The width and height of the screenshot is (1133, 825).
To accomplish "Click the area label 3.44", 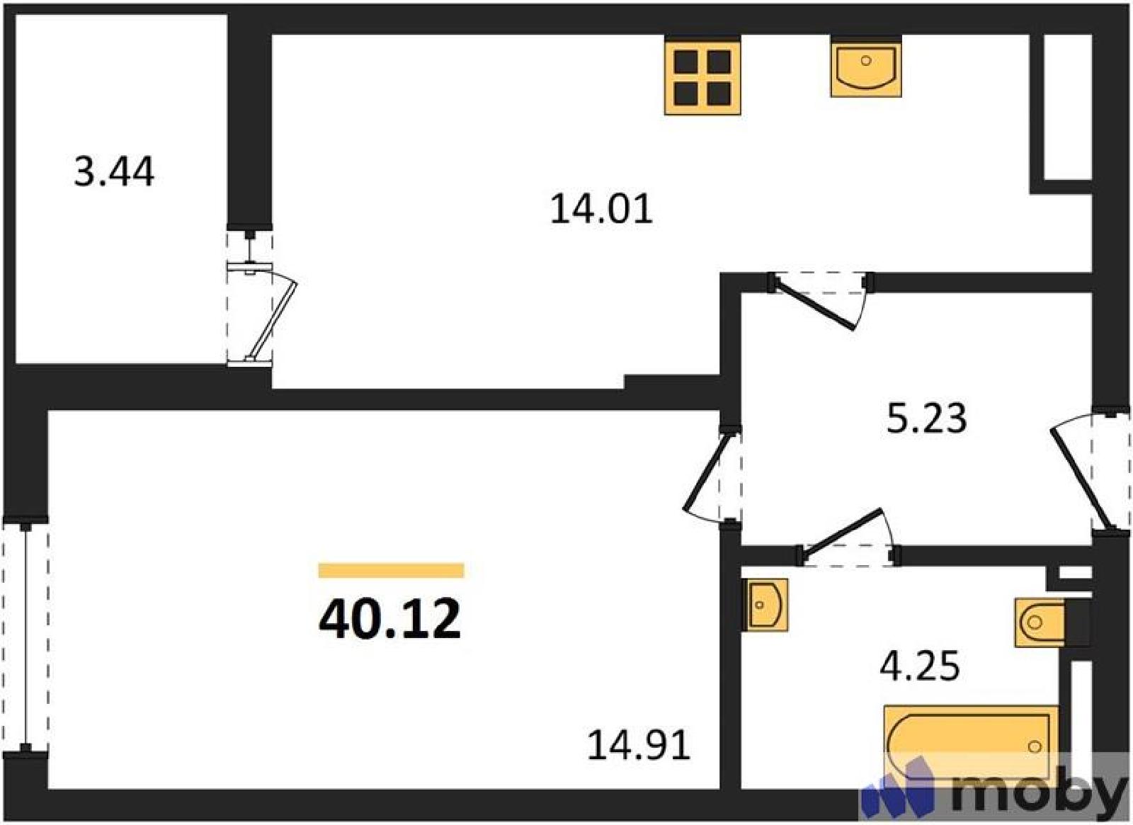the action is [114, 171].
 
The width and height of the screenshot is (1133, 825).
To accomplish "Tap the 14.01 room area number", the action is [601, 209].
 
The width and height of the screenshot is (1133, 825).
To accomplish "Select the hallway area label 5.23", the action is [927, 418].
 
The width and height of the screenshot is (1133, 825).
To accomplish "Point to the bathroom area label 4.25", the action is [920, 666].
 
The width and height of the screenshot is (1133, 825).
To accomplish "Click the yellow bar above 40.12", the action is [391, 570].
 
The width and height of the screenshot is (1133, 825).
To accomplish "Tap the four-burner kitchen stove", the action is [702, 76].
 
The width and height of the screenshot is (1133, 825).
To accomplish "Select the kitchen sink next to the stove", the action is [866, 67].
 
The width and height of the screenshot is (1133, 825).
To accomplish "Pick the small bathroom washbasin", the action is [765, 605].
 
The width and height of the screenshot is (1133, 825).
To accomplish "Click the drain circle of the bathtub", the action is [1035, 746].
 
